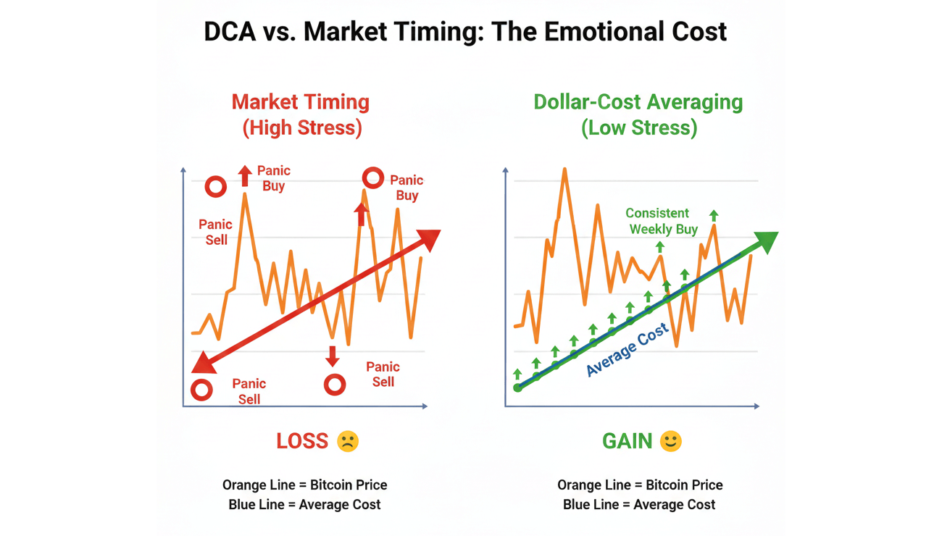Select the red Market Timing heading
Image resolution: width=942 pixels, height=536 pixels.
pyautogui.click(x=301, y=102)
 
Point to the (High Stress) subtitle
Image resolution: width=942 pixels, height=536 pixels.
pyautogui.click(x=301, y=128)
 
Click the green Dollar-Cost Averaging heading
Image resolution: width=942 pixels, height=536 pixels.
pyautogui.click(x=638, y=102)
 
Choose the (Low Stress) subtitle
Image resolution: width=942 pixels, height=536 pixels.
pyautogui.click(x=638, y=128)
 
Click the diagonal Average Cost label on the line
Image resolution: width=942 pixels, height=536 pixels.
pyautogui.click(x=627, y=351)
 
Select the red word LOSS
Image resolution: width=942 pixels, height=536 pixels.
pyautogui.click(x=302, y=440)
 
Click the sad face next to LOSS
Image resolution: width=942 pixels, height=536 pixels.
pyautogui.click(x=347, y=441)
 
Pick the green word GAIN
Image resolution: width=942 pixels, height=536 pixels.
pyautogui.click(x=628, y=440)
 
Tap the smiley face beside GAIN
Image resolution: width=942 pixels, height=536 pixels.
pyautogui.click(x=671, y=441)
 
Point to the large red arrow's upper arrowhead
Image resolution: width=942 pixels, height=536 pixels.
pyautogui.click(x=430, y=239)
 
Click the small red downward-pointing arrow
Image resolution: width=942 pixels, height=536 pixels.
pyautogui.click(x=333, y=356)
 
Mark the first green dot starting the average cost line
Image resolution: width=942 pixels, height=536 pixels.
pyautogui.click(x=517, y=388)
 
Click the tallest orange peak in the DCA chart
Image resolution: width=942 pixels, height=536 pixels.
pyautogui.click(x=564, y=170)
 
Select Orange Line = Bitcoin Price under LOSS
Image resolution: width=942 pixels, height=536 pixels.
pyautogui.click(x=304, y=485)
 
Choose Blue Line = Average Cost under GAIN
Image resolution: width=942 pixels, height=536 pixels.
pyautogui.click(x=639, y=504)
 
